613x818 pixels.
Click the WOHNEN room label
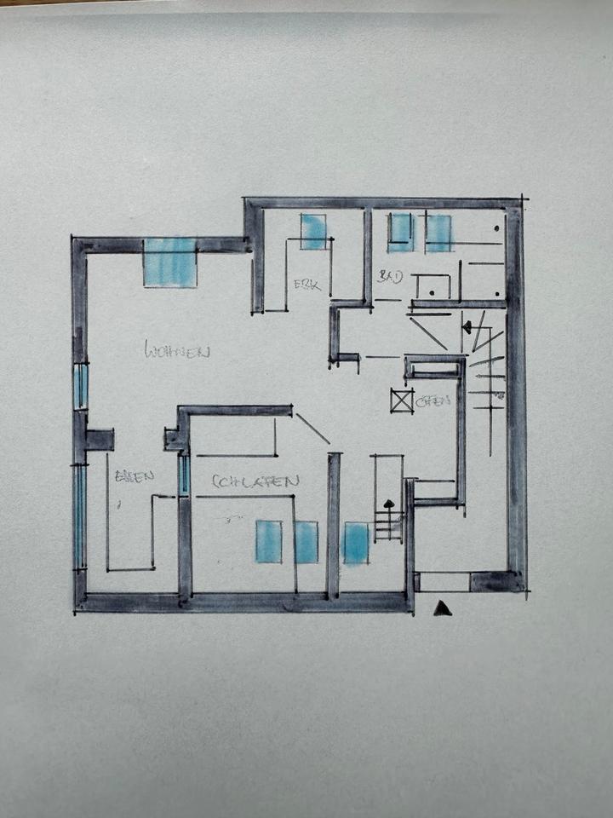(177, 350)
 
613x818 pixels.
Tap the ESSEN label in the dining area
(135, 476)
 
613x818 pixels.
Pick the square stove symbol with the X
(402, 400)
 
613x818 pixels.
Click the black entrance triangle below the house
(442, 608)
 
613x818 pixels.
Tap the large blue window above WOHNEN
(170, 262)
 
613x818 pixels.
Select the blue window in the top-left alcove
(313, 231)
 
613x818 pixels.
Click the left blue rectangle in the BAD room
(401, 233)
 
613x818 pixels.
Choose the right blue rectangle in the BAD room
(438, 233)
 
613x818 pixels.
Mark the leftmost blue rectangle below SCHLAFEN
(268, 541)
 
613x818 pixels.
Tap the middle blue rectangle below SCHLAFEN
(306, 542)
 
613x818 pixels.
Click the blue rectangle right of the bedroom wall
(356, 543)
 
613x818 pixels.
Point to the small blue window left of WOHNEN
(80, 386)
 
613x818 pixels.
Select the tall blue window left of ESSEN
(79, 517)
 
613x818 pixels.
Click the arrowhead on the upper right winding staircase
(467, 326)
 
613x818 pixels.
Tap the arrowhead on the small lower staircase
(389, 504)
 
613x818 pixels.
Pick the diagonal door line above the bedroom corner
(312, 429)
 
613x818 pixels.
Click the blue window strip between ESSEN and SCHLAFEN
(184, 475)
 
